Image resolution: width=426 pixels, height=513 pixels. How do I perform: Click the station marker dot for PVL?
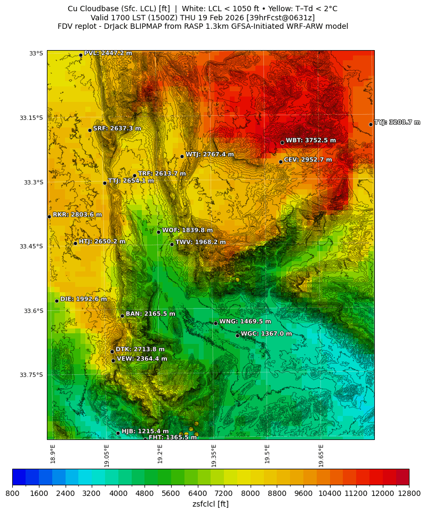81,55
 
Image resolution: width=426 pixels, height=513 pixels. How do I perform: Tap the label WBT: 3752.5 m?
310,141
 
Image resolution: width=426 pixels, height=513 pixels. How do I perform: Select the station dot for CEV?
280,162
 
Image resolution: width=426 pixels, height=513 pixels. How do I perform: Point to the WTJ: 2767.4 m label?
210,155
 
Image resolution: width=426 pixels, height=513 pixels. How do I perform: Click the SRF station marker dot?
90,130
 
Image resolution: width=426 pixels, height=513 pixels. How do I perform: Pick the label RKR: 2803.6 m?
77,215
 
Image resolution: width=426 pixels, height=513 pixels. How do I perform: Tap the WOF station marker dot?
158,232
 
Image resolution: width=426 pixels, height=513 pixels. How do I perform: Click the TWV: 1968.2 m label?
200,242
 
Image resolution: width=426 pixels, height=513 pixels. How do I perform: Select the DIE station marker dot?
57,301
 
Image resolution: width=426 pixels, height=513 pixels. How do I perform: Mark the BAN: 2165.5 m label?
150,314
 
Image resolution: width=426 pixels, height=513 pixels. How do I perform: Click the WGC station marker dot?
237,335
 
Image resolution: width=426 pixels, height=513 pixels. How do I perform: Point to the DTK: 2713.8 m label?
140,349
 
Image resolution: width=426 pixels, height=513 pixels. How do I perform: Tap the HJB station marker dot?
118,433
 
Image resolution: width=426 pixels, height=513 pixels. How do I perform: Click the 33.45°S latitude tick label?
31,246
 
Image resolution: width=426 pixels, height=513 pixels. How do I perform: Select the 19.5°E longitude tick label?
268,454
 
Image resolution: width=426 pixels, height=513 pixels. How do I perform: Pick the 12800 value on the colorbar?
409,494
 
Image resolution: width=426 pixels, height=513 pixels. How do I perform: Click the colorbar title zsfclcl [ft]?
211,504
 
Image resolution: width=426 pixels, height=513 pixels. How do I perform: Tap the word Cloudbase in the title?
105,9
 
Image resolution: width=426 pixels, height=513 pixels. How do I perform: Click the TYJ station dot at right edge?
371,124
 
